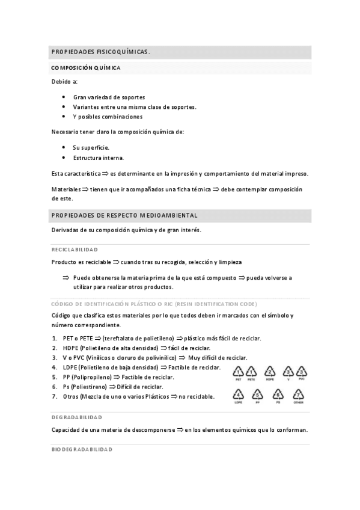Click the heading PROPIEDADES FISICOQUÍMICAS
[100, 52]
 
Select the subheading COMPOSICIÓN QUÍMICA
[86, 68]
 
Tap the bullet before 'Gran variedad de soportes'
[64, 97]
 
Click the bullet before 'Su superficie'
[64, 147]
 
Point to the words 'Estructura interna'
[99, 158]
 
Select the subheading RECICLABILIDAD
[75, 249]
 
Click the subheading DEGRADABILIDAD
[76, 417]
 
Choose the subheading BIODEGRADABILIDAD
[81, 450]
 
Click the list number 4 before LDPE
[55, 367]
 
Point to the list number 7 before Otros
[55, 396]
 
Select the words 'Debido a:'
[64, 82]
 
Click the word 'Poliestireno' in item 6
[88, 387]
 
